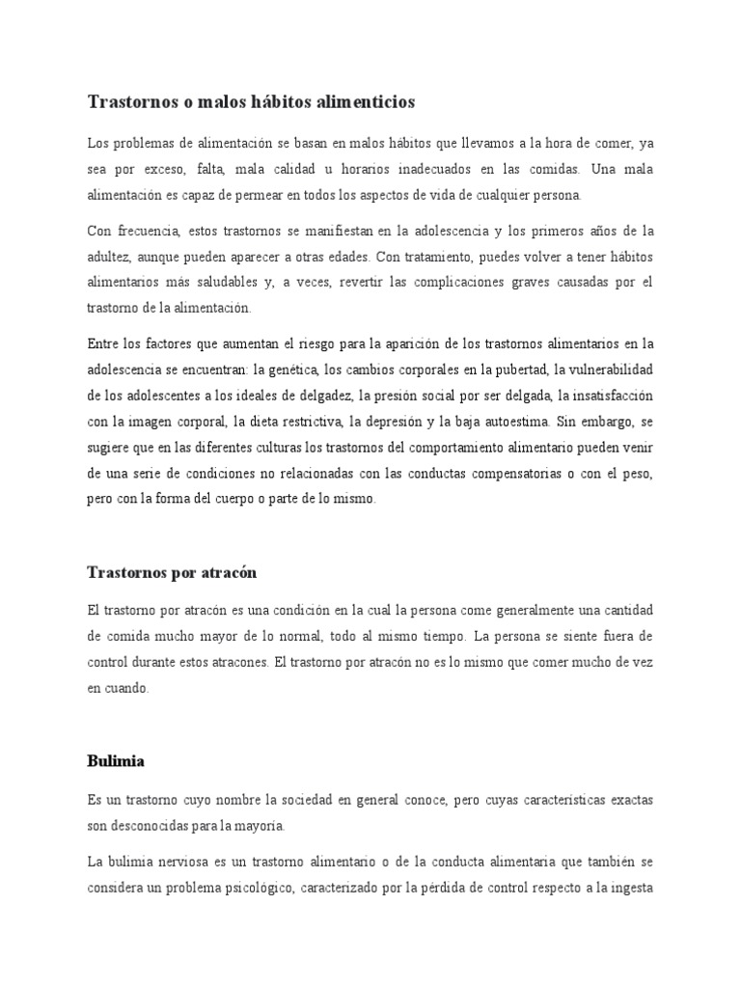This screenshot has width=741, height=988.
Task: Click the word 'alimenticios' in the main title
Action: tap(357, 101)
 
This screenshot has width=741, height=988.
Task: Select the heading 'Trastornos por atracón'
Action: tap(172, 572)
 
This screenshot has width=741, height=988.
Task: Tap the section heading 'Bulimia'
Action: tap(116, 761)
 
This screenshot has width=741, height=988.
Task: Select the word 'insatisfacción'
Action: tap(610, 396)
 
